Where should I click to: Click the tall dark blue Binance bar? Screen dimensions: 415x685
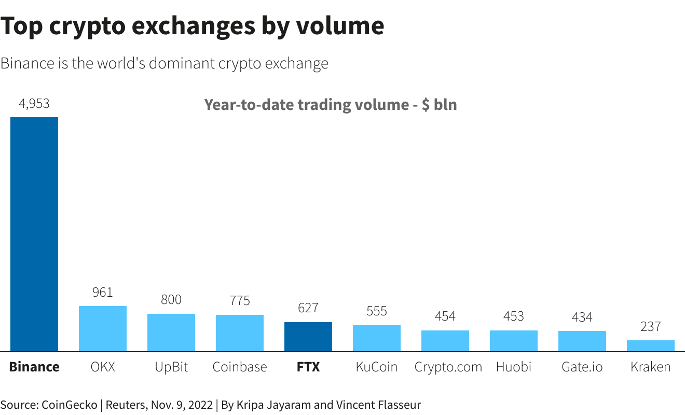[34, 234]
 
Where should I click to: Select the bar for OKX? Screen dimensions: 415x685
[103, 328]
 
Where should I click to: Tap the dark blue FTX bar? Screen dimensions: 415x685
[308, 337]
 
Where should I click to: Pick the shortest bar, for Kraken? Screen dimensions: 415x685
[651, 346]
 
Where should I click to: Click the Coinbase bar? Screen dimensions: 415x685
[240, 333]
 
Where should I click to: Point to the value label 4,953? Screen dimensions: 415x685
[34, 104]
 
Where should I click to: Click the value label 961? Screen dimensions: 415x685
[103, 293]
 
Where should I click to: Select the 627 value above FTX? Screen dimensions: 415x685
[308, 308]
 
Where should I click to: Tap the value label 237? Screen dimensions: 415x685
[651, 326]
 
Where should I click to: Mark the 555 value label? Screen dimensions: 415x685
[377, 311]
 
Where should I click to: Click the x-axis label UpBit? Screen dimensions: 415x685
[171, 367]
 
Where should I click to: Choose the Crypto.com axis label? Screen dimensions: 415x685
[448, 367]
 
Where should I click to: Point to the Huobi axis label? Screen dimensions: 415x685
[514, 367]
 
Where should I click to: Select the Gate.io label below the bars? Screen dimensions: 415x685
[582, 367]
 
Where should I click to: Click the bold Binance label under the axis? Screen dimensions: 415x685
[34, 367]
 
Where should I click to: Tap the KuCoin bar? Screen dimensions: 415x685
[377, 338]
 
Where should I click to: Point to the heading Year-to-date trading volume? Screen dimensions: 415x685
[306, 105]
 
